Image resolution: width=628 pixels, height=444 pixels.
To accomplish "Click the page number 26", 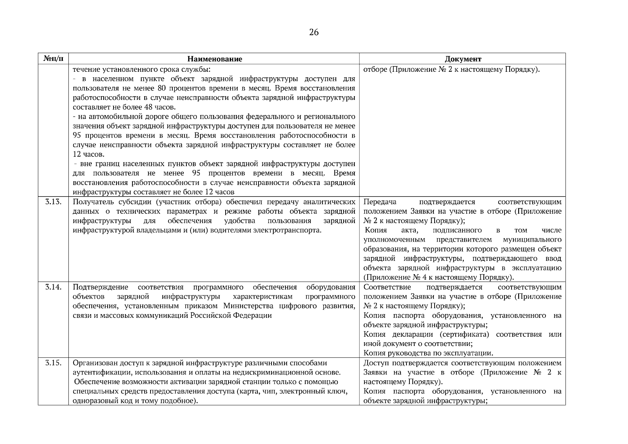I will coord(314,33).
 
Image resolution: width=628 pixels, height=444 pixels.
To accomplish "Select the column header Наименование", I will coord(215,59).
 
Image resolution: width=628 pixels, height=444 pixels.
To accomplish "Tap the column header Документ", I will coord(463,59).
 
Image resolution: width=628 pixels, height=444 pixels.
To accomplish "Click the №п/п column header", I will coord(53,59).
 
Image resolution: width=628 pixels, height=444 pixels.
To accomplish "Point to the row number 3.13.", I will coord(53,202).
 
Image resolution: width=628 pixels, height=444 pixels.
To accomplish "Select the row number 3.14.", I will coord(53,287).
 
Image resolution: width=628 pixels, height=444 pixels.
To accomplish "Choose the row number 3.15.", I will coord(53,363).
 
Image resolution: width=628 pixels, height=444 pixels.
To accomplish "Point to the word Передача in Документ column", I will coord(380,202).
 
